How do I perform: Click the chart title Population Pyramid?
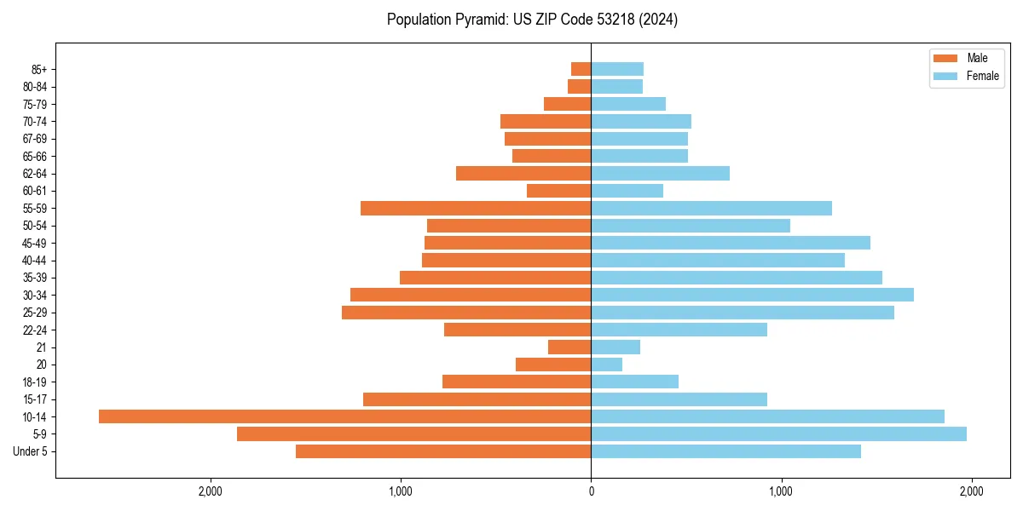tap(532, 20)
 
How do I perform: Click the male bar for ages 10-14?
tap(344, 416)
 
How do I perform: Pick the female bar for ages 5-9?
tap(778, 433)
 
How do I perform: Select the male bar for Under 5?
tap(443, 451)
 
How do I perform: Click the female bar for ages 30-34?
tap(752, 295)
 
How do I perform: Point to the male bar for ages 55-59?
tap(476, 208)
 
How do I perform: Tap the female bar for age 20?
tap(606, 365)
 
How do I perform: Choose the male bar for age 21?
tap(569, 347)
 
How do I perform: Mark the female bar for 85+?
tap(617, 69)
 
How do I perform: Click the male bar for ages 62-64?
tap(523, 173)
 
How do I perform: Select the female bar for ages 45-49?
tap(731, 243)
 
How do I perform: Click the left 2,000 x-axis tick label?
tap(210, 491)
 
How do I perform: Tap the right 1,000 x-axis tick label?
tap(781, 491)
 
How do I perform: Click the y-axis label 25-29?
tap(35, 313)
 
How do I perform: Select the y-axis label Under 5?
tap(31, 451)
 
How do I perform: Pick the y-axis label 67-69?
tap(35, 139)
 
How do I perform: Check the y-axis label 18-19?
tap(35, 382)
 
